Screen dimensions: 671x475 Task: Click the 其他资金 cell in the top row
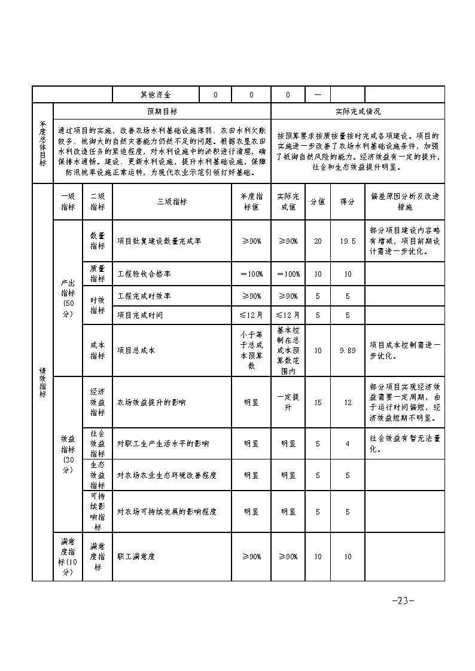click(155, 94)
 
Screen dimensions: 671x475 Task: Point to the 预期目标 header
click(162, 111)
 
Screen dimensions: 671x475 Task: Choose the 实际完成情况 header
click(358, 111)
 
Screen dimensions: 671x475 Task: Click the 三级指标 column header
click(172, 202)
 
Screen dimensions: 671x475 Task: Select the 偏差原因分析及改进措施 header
click(404, 202)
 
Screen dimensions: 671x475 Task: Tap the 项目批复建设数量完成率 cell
click(159, 241)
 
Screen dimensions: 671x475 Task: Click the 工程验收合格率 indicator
click(144, 274)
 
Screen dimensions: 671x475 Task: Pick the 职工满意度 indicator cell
click(136, 556)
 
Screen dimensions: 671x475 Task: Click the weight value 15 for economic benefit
click(318, 402)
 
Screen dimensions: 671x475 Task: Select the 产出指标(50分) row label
click(68, 299)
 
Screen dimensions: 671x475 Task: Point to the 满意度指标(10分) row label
click(68, 556)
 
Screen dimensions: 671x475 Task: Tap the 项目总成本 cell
click(136, 351)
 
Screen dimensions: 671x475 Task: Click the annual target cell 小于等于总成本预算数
click(251, 351)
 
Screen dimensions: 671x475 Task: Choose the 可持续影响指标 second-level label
click(98, 511)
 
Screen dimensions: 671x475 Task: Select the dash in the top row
click(318, 94)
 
